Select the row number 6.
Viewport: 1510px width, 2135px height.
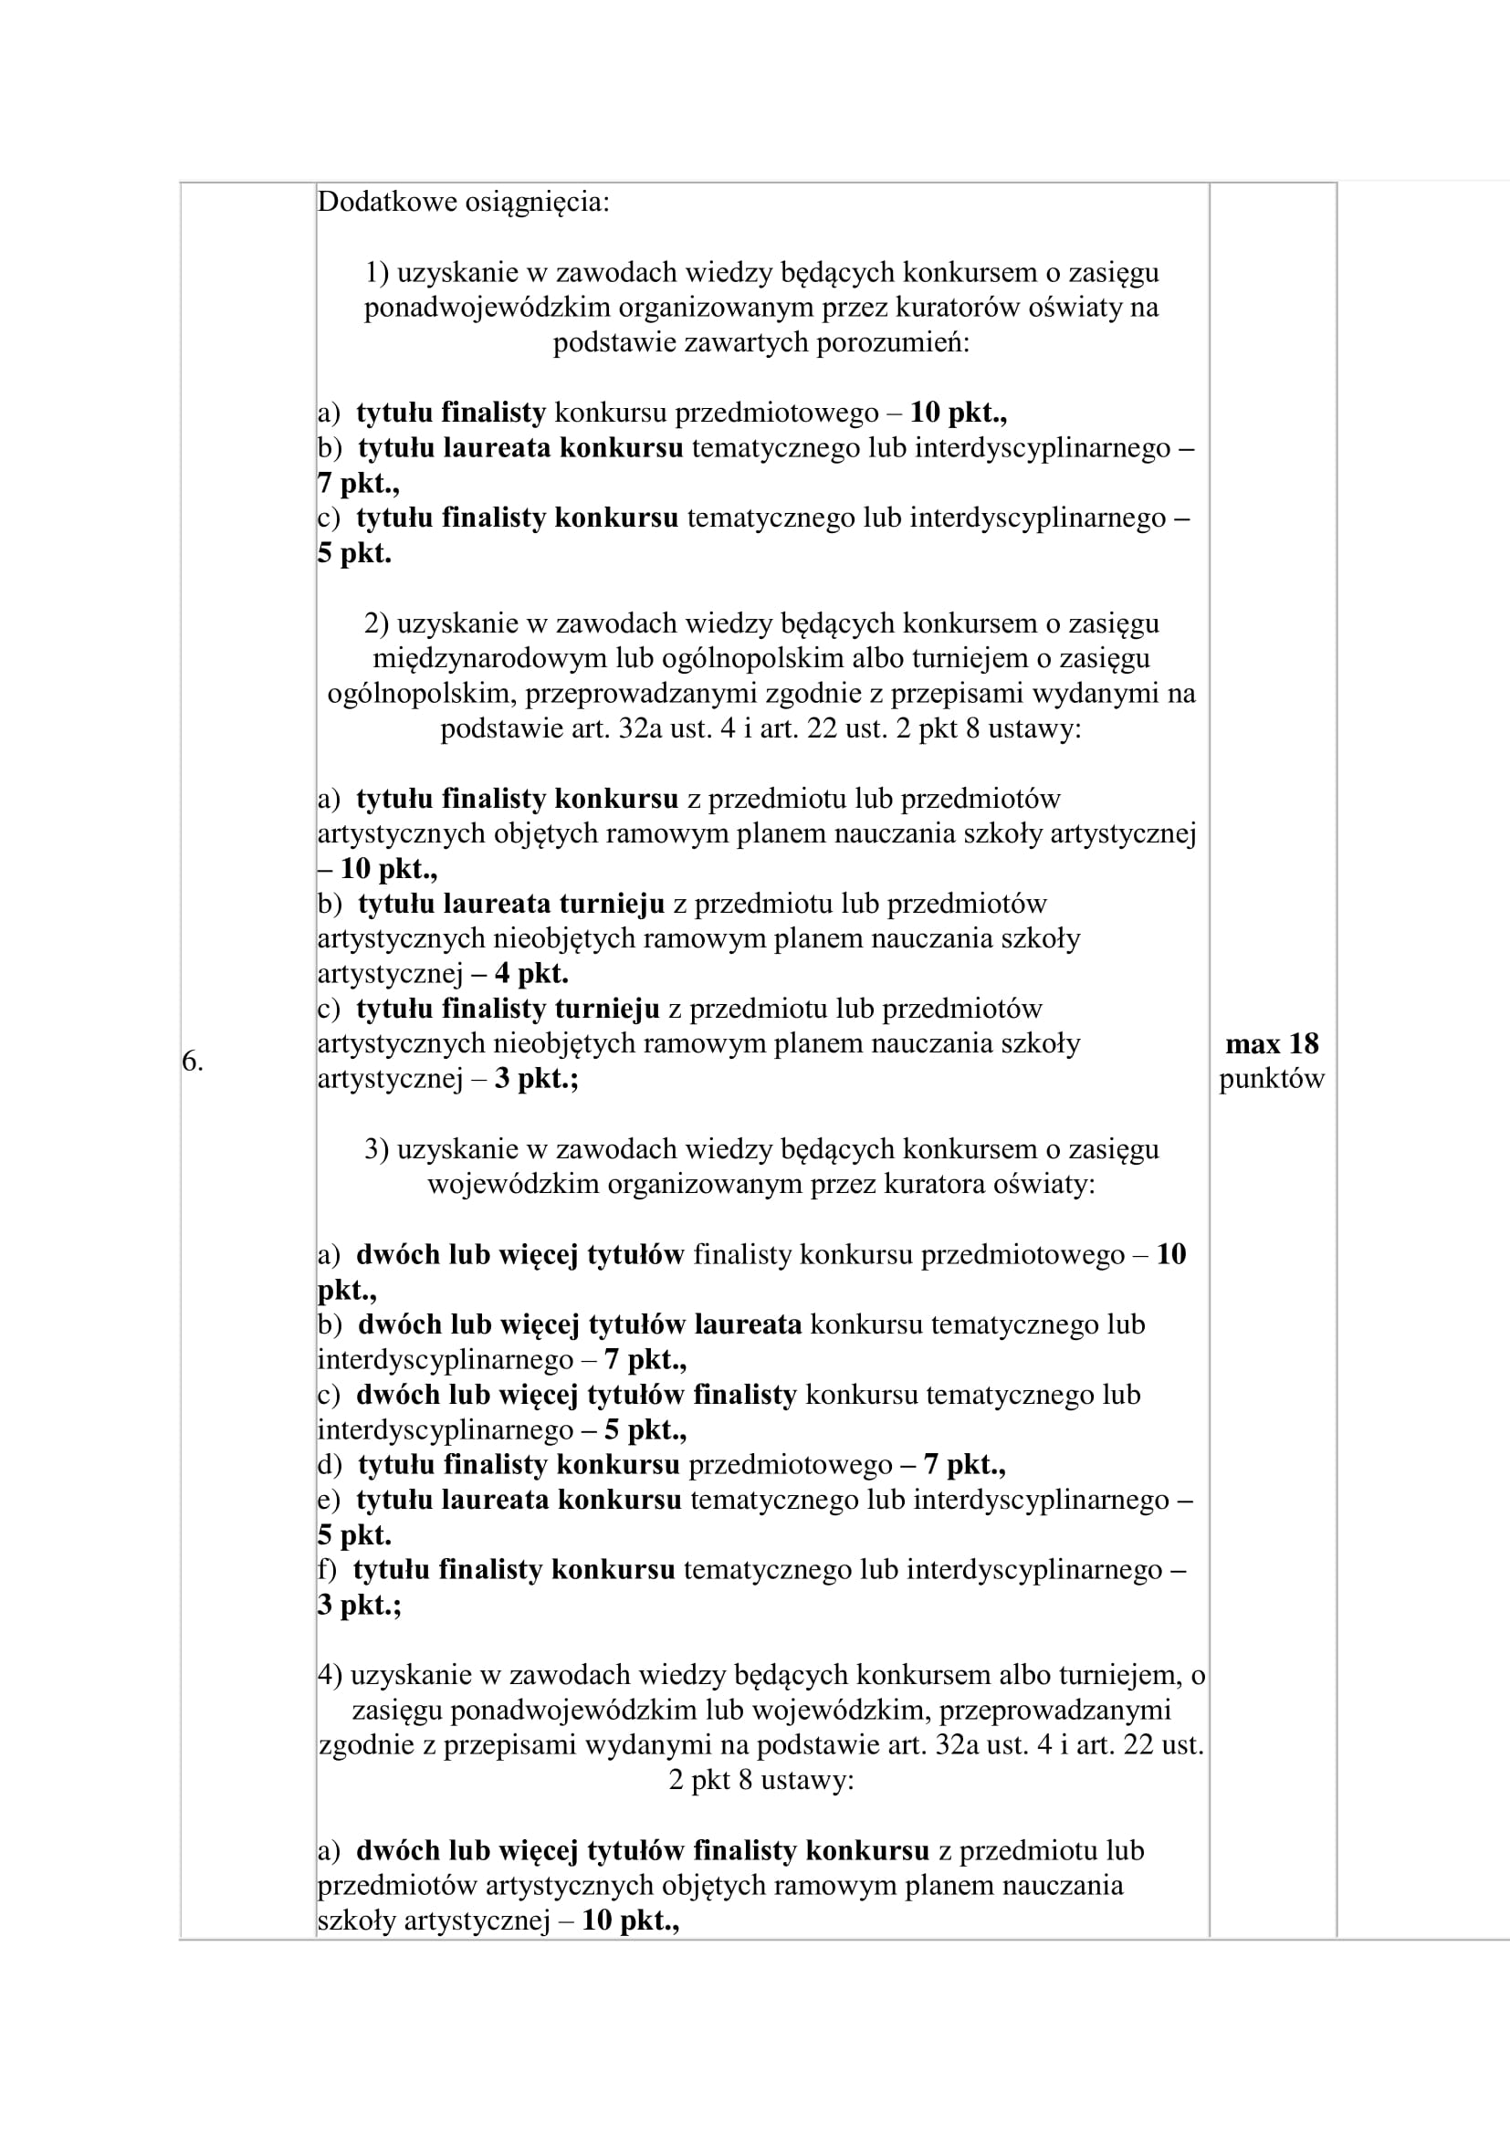point(192,1061)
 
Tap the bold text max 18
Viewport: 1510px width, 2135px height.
point(1272,1043)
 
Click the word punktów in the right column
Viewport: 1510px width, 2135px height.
point(1271,1079)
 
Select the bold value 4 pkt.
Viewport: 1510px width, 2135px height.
point(531,974)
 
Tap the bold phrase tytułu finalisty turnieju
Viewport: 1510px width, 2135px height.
point(508,1008)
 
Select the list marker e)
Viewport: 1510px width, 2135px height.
point(329,1500)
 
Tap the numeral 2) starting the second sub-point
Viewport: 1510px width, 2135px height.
point(376,623)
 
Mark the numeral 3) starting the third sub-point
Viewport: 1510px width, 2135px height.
point(376,1149)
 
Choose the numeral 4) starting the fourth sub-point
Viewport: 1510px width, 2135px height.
point(330,1675)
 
